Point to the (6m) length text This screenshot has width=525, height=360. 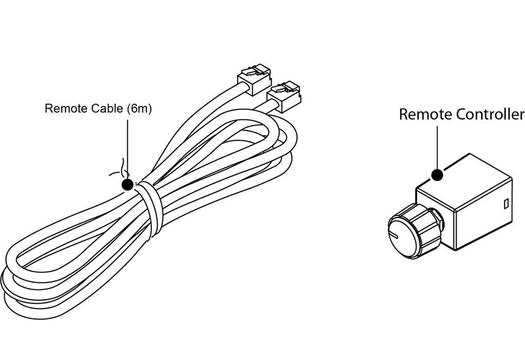(x=138, y=109)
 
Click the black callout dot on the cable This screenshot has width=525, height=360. (x=127, y=184)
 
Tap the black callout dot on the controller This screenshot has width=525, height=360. (x=437, y=175)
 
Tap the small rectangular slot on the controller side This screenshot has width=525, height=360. (x=505, y=204)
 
